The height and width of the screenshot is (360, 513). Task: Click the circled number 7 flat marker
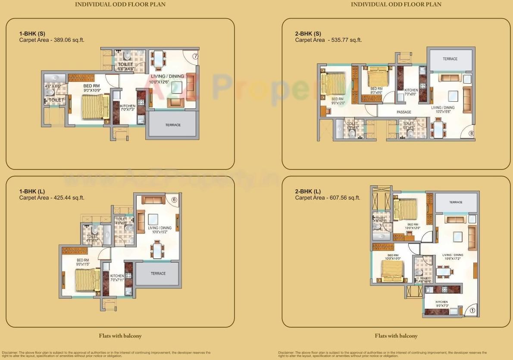195,56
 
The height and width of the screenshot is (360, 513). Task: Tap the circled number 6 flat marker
174,199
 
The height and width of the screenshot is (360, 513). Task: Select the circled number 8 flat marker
471,134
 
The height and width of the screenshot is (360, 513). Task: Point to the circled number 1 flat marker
472,310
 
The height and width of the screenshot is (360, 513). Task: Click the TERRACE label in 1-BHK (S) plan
173,125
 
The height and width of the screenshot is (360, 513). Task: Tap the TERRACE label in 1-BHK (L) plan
158,273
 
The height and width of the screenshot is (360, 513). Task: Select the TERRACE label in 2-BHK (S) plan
450,59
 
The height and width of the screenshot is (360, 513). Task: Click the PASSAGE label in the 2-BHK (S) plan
404,112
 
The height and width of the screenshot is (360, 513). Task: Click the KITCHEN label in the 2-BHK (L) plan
441,302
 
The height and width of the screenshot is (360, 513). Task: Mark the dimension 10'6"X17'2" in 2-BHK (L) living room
452,259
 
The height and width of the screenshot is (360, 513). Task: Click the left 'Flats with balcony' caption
120,336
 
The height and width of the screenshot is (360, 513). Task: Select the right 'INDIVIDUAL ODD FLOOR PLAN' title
396,4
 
